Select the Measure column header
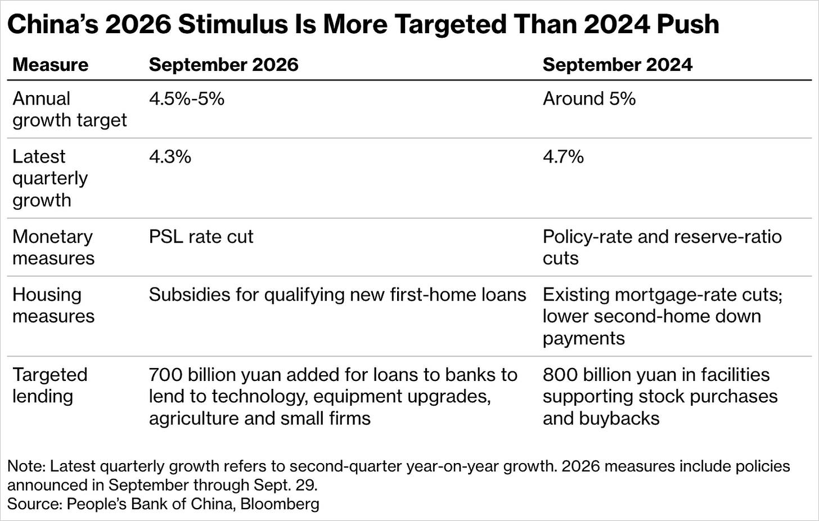51,65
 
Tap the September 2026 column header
224,65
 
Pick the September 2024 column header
618,65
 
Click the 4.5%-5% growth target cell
187,98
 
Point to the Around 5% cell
589,98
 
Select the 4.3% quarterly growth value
170,157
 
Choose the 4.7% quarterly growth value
564,157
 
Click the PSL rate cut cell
201,237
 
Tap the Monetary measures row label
53,248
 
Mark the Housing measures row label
53,306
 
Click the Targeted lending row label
50,385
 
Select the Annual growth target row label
70,109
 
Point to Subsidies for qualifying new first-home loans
337,295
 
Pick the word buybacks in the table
619,419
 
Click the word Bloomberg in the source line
280,504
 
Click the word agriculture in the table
193,419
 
